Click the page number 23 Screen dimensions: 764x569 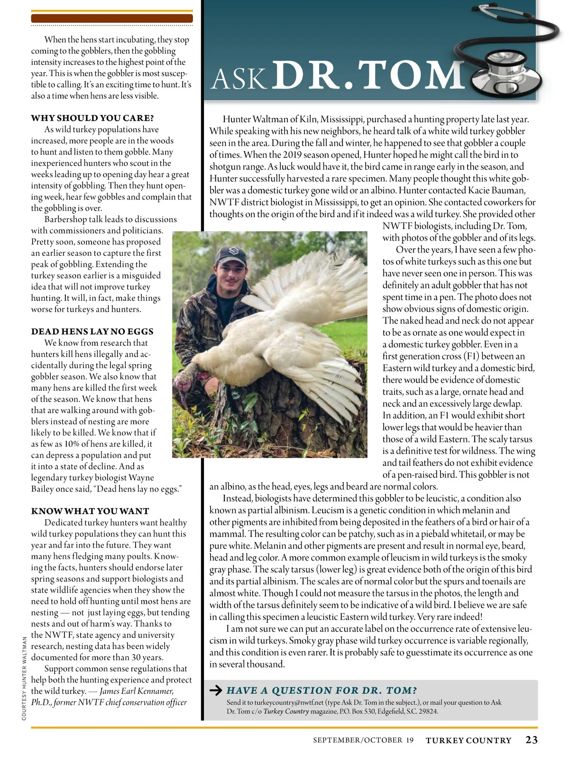click(x=531, y=740)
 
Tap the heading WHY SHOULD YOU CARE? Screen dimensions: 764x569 click(x=92, y=118)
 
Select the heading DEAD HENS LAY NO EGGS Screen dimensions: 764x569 click(x=92, y=332)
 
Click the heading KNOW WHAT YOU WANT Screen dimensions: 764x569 click(x=90, y=511)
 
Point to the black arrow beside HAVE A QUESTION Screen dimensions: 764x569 click(x=216, y=691)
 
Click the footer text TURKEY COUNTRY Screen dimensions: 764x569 click(x=468, y=740)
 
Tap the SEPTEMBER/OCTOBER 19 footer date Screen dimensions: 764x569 click(x=363, y=740)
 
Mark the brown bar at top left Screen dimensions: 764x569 click(x=112, y=18)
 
